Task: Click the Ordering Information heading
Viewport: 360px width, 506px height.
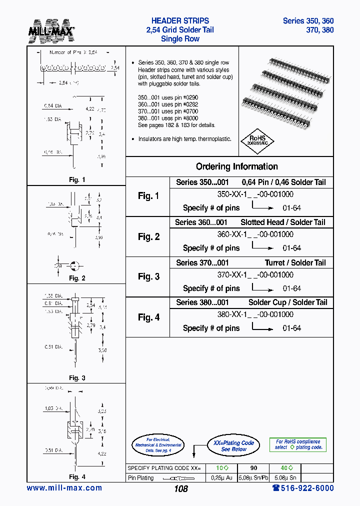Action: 236,166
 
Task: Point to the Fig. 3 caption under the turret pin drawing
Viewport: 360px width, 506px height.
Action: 77,378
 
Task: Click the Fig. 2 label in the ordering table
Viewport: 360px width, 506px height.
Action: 148,236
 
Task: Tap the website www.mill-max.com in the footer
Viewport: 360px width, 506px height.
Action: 64,488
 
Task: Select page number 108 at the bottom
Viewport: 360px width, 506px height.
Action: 180,489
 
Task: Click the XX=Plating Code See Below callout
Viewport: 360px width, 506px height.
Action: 233,446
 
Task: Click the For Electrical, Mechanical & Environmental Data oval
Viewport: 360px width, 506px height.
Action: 158,445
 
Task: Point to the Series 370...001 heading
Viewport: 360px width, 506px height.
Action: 202,262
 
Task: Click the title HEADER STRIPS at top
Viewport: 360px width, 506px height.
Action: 180,21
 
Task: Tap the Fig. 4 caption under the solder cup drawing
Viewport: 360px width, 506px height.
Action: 77,476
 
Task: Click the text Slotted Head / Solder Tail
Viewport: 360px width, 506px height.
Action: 282,222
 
